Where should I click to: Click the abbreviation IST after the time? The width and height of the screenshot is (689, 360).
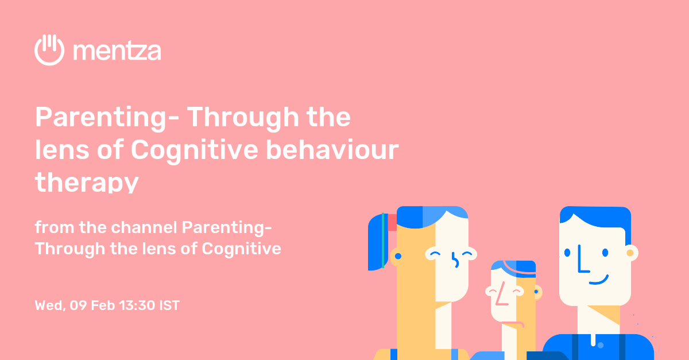tap(169, 305)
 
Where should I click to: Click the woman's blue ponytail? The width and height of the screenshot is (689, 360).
tap(377, 241)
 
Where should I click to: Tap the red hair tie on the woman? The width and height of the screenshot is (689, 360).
tap(393, 222)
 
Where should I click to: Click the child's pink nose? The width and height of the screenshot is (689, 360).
tap(501, 295)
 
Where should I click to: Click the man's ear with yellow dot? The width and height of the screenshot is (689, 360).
tap(630, 253)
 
